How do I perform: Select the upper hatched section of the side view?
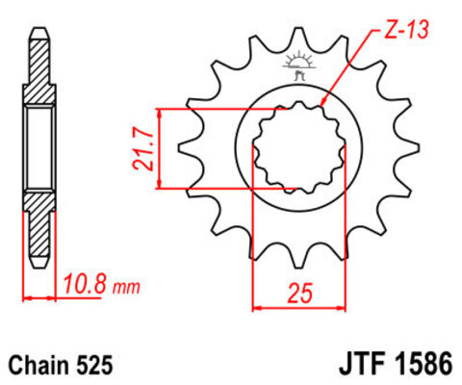pyautogui.click(x=38, y=72)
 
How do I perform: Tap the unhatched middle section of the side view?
pyautogui.click(x=38, y=149)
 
